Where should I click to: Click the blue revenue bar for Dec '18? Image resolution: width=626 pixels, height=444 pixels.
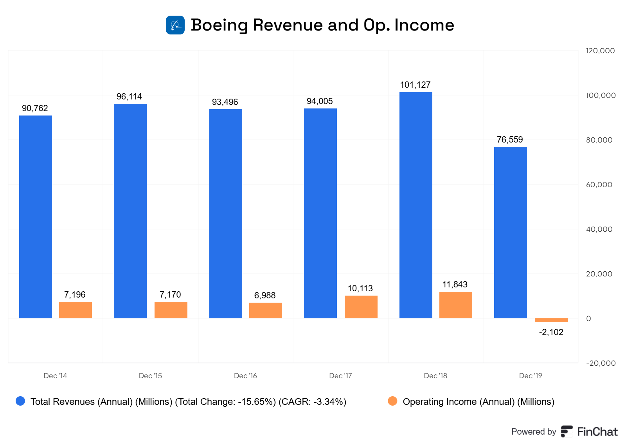point(416,205)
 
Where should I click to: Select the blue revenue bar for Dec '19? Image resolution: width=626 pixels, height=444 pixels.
point(510,233)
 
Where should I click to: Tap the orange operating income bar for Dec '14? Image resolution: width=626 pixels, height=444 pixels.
point(76,310)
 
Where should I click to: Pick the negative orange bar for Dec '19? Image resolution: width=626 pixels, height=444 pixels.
point(551,320)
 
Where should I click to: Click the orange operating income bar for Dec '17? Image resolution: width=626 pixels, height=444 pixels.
point(361,307)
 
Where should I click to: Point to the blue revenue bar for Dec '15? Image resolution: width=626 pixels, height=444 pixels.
point(130,211)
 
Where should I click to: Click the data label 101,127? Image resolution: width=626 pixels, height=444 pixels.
point(415,85)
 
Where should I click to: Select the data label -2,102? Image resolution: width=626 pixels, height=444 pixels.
point(551,332)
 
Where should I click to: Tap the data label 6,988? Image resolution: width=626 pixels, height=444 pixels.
point(265,296)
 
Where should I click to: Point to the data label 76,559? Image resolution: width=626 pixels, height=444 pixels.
point(510,140)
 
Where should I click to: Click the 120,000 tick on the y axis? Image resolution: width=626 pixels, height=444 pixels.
point(600,51)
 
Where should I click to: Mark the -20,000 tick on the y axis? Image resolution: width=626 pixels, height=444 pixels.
point(601,363)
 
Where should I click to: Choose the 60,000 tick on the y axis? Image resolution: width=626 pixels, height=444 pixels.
point(599,185)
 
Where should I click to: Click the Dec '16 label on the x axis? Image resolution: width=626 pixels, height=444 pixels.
point(245,376)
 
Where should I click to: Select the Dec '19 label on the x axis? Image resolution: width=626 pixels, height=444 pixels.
point(530,376)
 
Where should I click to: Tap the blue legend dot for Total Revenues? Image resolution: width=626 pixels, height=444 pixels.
point(20,401)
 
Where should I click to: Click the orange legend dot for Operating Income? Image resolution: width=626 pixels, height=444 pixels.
point(392,401)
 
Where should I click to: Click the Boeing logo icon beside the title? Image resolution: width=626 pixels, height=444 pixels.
point(175,25)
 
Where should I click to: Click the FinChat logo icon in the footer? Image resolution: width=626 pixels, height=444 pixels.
point(567,431)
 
